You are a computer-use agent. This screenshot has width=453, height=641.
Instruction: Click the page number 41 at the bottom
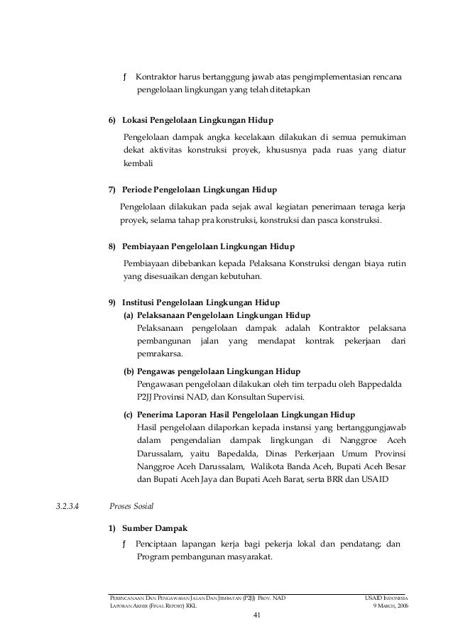click(258, 614)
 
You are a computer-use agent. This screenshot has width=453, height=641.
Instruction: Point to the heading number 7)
click(112, 191)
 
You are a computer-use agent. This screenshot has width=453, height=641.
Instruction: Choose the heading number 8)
click(112, 246)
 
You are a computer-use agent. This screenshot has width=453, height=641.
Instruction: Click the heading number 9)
click(112, 302)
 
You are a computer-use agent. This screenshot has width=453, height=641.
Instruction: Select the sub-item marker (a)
click(128, 315)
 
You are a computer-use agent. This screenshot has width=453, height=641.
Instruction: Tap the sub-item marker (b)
click(129, 371)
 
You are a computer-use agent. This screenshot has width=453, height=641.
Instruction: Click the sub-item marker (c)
click(128, 414)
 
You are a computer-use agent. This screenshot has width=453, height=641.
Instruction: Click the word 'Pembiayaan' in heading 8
click(146, 246)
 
